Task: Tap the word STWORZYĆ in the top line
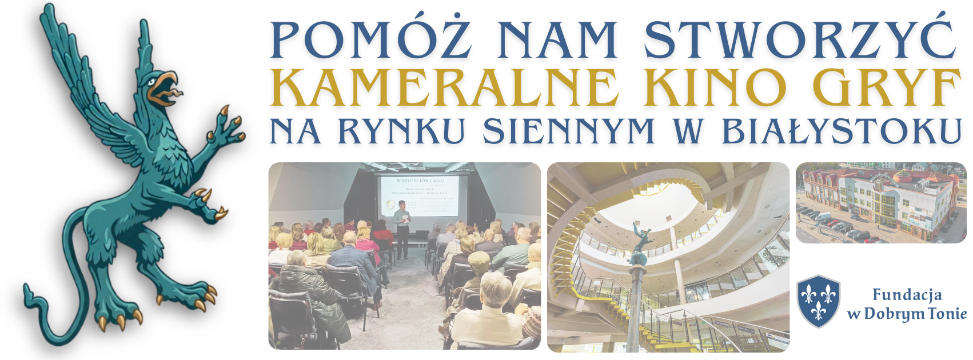(800, 40)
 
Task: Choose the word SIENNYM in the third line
(569, 131)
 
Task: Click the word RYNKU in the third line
(401, 131)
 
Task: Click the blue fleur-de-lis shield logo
(818, 301)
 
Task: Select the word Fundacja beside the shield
(907, 295)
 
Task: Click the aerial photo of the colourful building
(880, 203)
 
